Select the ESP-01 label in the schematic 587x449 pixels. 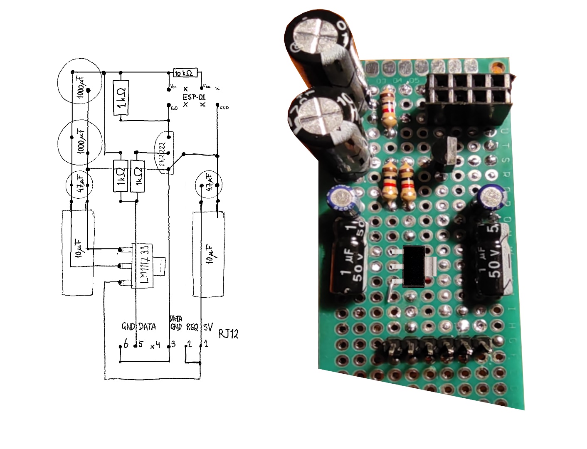coord(194,97)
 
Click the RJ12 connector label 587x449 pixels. coord(228,333)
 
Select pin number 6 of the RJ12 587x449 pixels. coord(126,344)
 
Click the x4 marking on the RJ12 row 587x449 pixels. coord(155,345)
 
